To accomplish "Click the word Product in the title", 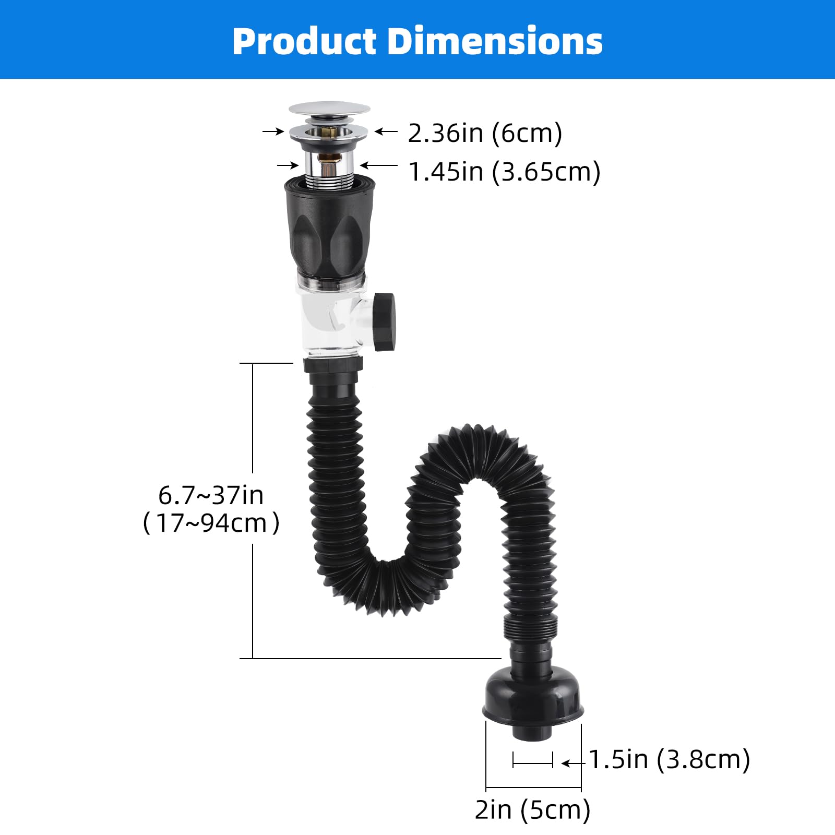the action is pyautogui.click(x=304, y=41).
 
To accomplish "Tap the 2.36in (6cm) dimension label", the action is pyautogui.click(x=485, y=133).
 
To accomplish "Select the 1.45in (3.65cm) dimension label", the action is pyautogui.click(x=504, y=172).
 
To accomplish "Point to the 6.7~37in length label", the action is pyautogui.click(x=211, y=495).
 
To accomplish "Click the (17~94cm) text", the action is pyautogui.click(x=211, y=523).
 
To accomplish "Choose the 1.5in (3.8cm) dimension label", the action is pyautogui.click(x=670, y=759).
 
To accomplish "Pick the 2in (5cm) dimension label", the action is pyautogui.click(x=532, y=810).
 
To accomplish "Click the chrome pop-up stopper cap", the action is pyautogui.click(x=329, y=110).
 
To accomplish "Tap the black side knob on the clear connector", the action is pyautogui.click(x=384, y=322).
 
